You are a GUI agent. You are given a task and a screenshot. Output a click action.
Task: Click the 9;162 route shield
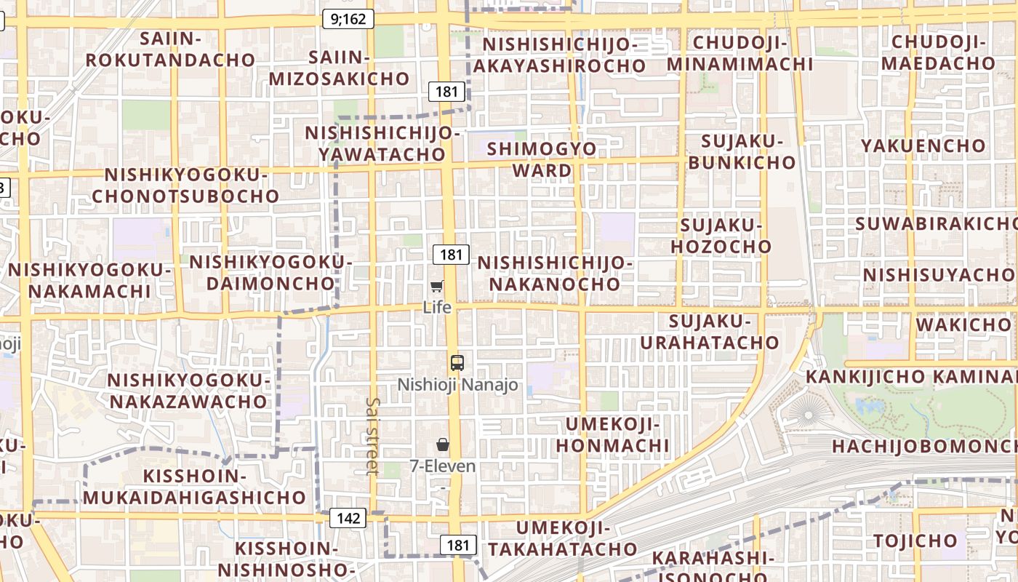(348, 20)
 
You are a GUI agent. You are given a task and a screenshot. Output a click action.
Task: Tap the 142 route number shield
(348, 518)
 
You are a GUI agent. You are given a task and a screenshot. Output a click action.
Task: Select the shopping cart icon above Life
(437, 287)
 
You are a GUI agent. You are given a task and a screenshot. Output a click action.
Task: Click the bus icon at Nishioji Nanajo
(457, 362)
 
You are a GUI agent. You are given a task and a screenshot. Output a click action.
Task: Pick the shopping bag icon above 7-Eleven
(443, 445)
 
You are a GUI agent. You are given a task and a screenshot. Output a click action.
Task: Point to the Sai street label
(373, 436)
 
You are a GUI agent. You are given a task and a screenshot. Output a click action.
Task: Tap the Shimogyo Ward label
(542, 160)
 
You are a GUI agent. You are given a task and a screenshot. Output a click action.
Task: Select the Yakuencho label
(923, 145)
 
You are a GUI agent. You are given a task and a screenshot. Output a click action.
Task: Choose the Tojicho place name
(915, 541)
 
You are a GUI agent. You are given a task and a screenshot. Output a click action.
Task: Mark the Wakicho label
(963, 324)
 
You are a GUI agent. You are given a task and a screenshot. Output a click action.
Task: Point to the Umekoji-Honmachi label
(612, 434)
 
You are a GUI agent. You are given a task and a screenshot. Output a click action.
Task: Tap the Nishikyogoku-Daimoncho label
(270, 272)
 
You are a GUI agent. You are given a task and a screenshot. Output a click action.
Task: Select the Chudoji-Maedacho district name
(938, 52)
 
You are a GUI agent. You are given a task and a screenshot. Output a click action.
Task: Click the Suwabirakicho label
(937, 223)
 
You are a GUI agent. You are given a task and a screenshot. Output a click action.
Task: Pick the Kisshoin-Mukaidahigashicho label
(193, 487)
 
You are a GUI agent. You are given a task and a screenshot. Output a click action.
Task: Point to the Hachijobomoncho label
(923, 446)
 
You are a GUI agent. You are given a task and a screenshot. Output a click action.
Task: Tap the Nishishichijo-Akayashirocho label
(559, 55)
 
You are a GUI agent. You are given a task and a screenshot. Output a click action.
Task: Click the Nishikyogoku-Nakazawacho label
(188, 391)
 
